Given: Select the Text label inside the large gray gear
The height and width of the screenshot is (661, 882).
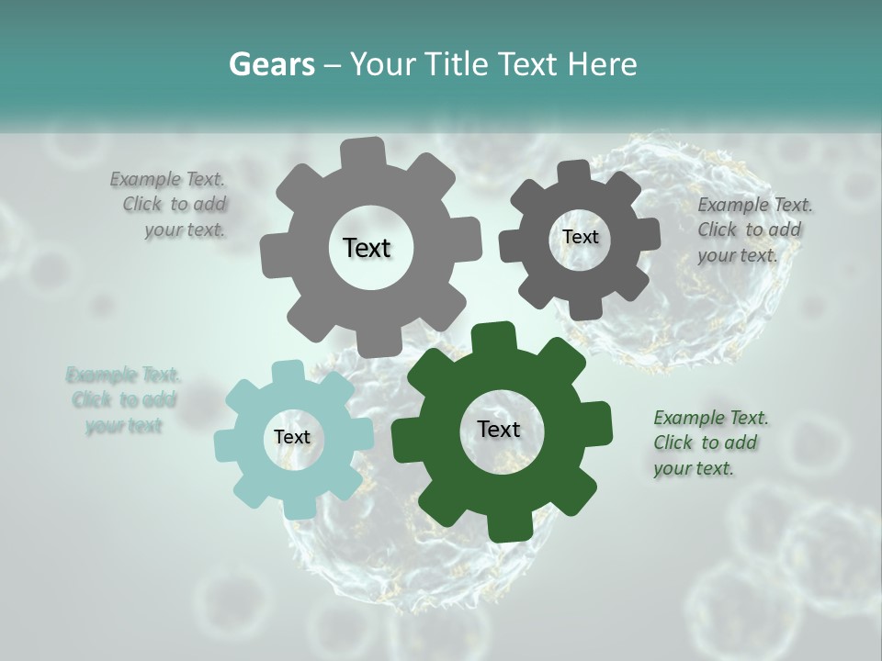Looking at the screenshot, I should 367,248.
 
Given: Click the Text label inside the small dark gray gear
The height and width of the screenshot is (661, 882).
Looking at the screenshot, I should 580,237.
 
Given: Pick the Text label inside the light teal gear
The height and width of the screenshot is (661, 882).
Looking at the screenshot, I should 292,437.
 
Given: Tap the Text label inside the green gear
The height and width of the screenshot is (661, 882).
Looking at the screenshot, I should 499,429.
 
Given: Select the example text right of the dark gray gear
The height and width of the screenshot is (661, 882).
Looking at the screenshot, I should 753,230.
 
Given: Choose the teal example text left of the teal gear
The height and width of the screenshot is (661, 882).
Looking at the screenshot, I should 123,400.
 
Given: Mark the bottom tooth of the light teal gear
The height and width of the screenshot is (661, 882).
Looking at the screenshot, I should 296,504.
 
